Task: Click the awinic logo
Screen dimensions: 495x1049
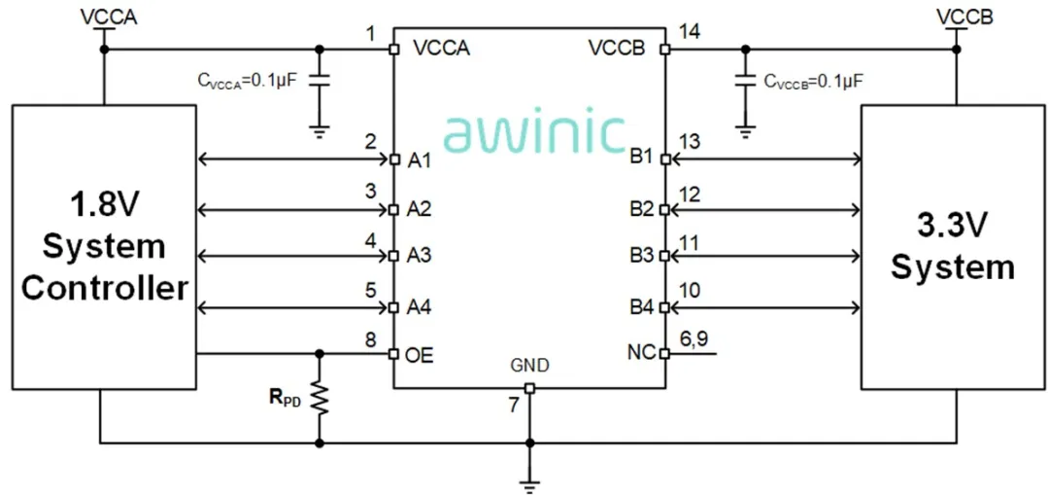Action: pyautogui.click(x=533, y=133)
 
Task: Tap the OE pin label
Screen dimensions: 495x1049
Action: pyautogui.click(x=421, y=355)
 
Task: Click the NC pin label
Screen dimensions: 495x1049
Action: pyautogui.click(x=642, y=353)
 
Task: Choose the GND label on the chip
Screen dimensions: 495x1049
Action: pyautogui.click(x=529, y=367)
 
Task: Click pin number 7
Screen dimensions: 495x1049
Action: pyautogui.click(x=514, y=406)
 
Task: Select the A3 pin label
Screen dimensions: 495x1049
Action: pyautogui.click(x=419, y=257)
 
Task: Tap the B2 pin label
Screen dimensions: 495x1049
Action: pyautogui.click(x=642, y=209)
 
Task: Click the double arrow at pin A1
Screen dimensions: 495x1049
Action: pyautogui.click(x=292, y=159)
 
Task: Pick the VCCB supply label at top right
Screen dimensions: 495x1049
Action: pyautogui.click(x=964, y=17)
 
